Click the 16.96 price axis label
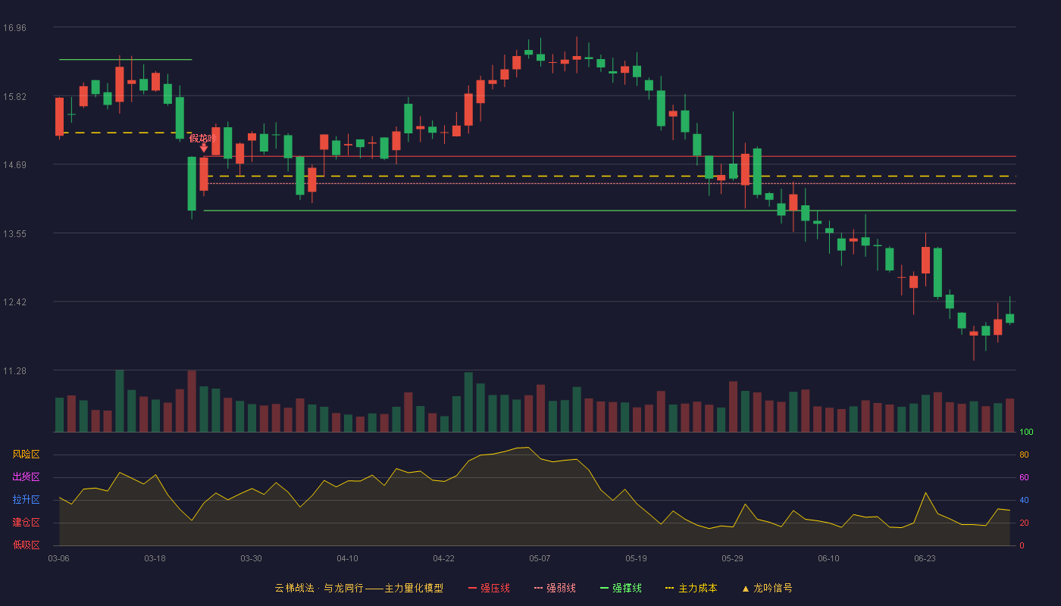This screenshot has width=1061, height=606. pos(14,27)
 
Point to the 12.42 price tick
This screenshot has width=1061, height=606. pos(14,301)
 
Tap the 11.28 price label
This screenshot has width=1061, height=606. pos(14,370)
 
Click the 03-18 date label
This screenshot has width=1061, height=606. pos(155,558)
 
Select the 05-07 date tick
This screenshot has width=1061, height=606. pos(540,558)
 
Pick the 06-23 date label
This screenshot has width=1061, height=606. pos(925,558)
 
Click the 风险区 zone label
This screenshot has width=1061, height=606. pos(26,454)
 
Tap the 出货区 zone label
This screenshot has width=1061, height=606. pos(26,476)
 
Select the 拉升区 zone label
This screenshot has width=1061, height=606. pos(26,499)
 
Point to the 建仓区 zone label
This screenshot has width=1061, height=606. pos(26,522)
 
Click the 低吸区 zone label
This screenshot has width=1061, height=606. pos(26,545)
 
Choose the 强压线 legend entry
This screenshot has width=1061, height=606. pos(489,588)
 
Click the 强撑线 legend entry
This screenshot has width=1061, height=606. pos(621,588)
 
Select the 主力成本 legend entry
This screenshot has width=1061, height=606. pos(691,588)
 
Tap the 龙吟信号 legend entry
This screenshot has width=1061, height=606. pos(767,588)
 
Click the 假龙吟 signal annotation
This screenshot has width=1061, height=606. pos(203,138)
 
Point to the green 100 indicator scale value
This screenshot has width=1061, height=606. pos(1026,432)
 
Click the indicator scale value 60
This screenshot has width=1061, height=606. pos(1024,477)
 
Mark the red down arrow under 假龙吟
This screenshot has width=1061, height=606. pos(204,148)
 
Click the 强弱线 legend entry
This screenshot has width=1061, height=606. pos(555,588)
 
